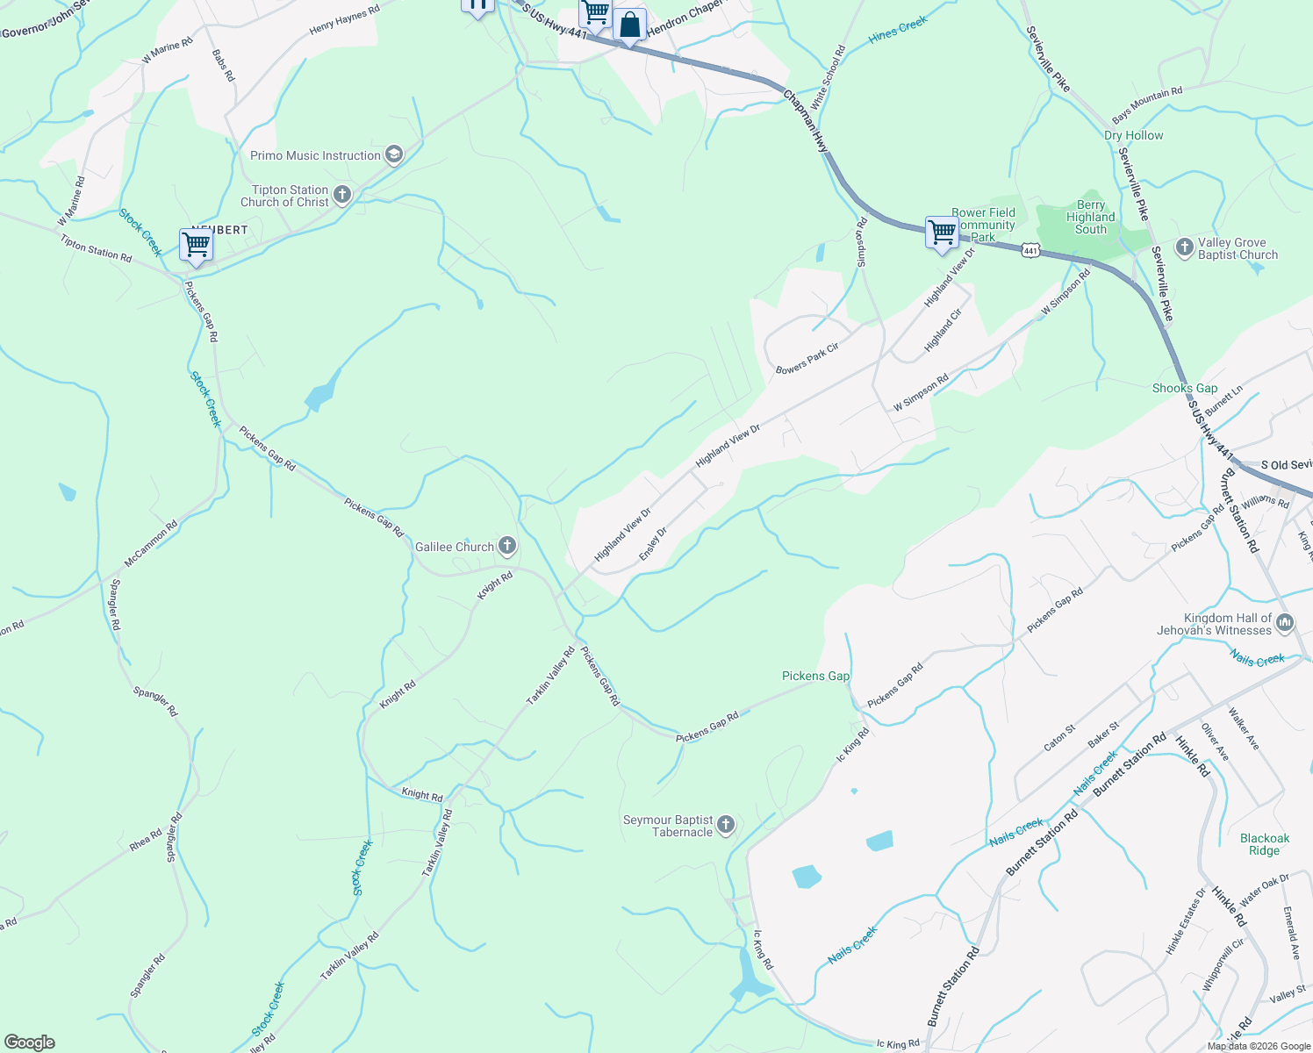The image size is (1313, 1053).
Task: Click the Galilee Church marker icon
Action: pos(507,546)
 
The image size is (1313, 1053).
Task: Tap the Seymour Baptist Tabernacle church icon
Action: pos(725,825)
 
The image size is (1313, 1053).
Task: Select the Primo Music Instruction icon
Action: pos(394,155)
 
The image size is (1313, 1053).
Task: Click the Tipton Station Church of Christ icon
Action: pos(342,195)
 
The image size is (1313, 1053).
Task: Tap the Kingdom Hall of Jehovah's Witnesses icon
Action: pos(1285,623)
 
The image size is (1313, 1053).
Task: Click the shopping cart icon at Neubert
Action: pos(196,245)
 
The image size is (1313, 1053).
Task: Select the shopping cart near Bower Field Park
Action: pos(941,233)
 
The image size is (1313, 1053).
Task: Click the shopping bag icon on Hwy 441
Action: pos(629,25)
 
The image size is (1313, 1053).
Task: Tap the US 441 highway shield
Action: pos(1030,251)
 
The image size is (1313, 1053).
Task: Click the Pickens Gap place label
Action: pos(815,676)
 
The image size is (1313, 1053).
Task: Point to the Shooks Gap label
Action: pos(1184,388)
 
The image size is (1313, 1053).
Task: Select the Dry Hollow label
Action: pos(1133,135)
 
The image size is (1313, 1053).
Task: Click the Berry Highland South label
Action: pos(1090,217)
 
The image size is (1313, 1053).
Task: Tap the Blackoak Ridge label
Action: pos(1264,844)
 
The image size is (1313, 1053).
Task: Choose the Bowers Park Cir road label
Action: pos(807,359)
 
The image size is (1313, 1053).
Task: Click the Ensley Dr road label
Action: pos(653,543)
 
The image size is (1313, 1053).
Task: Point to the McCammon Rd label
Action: pos(150,544)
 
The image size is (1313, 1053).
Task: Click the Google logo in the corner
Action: pos(29,1042)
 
